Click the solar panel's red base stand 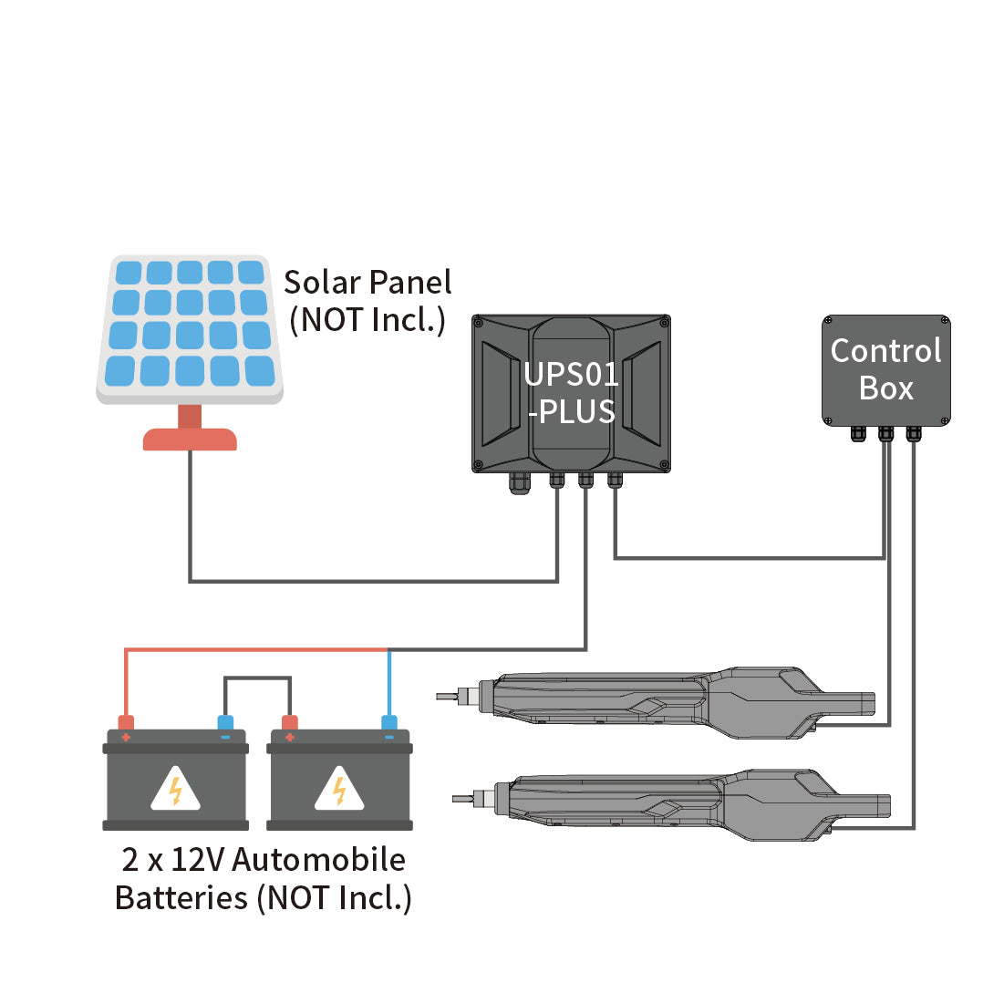[x=190, y=438]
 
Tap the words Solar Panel [x=367, y=283]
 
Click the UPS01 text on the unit [x=571, y=375]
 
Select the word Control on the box [x=885, y=351]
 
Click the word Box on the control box [x=885, y=388]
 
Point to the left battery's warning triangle [x=175, y=790]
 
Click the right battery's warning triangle [x=339, y=790]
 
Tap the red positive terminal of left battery [x=126, y=725]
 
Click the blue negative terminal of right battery [x=389, y=725]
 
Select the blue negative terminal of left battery [x=225, y=725]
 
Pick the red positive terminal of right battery [x=290, y=725]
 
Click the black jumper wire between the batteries [x=257, y=678]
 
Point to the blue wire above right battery [x=389, y=684]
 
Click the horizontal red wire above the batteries [x=255, y=649]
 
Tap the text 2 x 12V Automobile [x=264, y=860]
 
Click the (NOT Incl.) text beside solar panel [x=367, y=321]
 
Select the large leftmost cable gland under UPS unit [x=520, y=482]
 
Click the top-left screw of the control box [x=829, y=322]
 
